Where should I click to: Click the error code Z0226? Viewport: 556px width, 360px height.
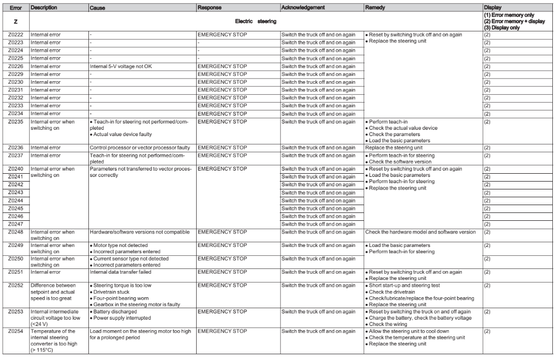coord(15,68)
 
